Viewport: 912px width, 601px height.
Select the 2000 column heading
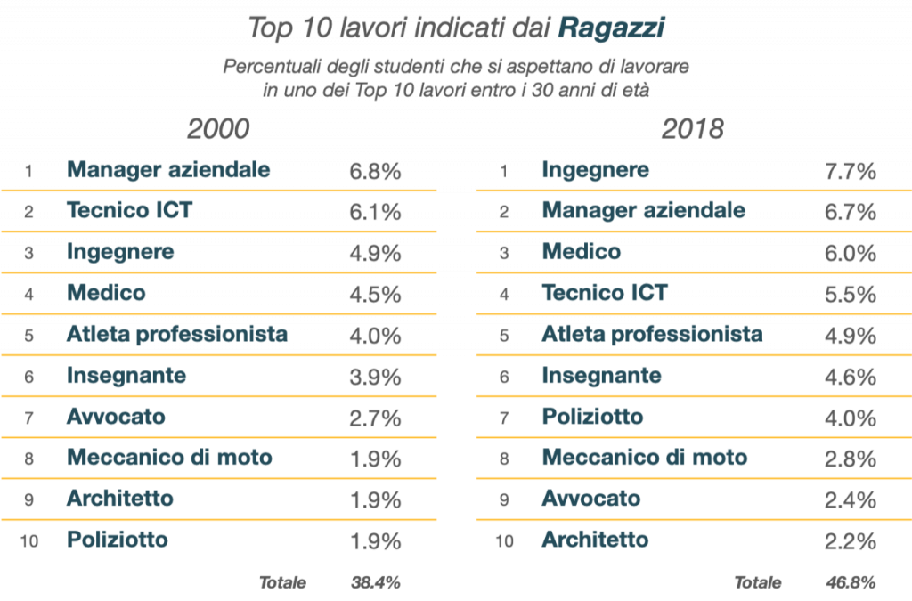point(217,129)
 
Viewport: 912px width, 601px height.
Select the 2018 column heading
point(692,129)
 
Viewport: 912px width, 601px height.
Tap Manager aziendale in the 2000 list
point(168,169)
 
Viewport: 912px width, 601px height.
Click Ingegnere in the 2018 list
point(596,169)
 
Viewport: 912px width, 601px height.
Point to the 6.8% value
point(375,171)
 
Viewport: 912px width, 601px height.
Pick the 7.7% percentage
point(851,171)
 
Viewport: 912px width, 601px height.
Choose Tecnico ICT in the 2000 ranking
point(129,210)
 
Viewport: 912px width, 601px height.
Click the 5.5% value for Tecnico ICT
point(851,294)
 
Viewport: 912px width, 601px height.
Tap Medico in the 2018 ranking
point(582,252)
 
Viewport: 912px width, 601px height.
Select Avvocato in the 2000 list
point(116,417)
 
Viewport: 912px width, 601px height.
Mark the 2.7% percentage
point(375,418)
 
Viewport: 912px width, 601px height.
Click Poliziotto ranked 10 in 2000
point(117,540)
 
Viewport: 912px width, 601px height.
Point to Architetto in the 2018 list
point(595,540)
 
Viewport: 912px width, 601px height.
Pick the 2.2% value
point(851,540)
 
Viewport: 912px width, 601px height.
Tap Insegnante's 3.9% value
point(375,377)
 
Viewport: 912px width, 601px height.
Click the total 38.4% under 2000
point(375,583)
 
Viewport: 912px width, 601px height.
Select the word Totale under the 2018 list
point(757,583)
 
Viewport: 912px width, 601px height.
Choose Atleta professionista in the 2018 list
point(652,334)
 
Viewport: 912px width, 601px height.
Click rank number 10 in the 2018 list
point(504,540)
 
